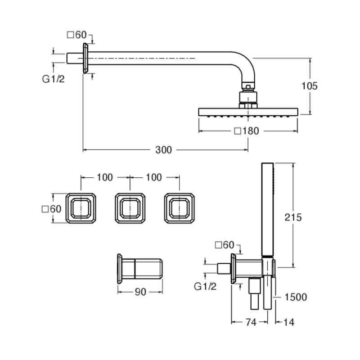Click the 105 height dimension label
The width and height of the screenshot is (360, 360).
point(310,85)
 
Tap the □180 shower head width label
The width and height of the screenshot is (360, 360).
point(247,131)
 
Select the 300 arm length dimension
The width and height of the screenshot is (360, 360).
point(163,150)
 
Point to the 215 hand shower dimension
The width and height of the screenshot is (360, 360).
point(293,217)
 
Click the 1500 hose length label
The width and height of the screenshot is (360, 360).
point(296,297)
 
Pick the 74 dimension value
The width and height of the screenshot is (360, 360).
point(251,322)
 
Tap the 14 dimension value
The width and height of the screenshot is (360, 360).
point(288,322)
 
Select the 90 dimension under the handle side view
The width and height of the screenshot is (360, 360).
point(141,292)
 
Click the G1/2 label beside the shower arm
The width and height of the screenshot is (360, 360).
point(54,79)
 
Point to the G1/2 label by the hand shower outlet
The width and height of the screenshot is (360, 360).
point(205,286)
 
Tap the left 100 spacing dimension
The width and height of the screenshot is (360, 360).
point(105,177)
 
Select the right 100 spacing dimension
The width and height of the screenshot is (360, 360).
point(154,177)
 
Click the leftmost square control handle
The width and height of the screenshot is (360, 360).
point(81,208)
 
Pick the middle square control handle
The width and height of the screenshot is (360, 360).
point(130,208)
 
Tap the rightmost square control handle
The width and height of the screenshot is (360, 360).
point(180,208)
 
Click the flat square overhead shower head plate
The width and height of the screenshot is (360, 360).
point(248,112)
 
